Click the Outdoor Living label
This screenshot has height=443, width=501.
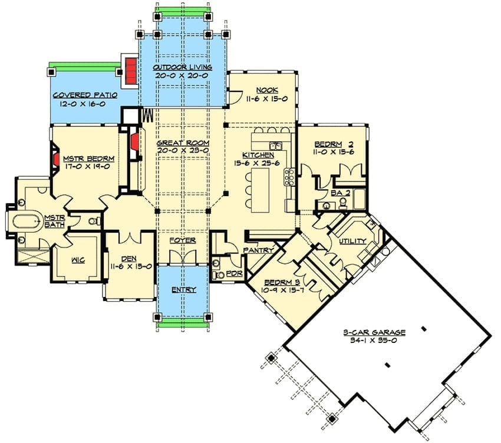[182, 67]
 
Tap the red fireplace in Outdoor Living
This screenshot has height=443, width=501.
[131, 71]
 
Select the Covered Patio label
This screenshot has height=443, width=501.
[85, 95]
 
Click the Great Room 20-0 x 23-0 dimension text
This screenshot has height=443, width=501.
[183, 151]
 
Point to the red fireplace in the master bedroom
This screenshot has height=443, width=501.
[56, 160]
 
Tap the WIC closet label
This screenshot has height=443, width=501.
[78, 260]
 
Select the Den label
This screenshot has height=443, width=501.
[129, 259]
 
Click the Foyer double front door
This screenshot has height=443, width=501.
[183, 256]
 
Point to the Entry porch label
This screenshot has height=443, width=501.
[183, 290]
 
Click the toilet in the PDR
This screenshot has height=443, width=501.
[219, 275]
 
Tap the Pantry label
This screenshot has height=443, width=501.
[259, 250]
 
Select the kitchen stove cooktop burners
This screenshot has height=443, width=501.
[289, 177]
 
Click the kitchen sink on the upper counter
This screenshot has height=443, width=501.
[275, 146]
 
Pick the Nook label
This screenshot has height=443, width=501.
[267, 90]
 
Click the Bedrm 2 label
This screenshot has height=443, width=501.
[334, 144]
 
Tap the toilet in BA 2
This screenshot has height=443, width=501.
[343, 203]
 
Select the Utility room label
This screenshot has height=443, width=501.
[352, 241]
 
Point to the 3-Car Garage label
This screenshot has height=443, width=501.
[374, 332]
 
